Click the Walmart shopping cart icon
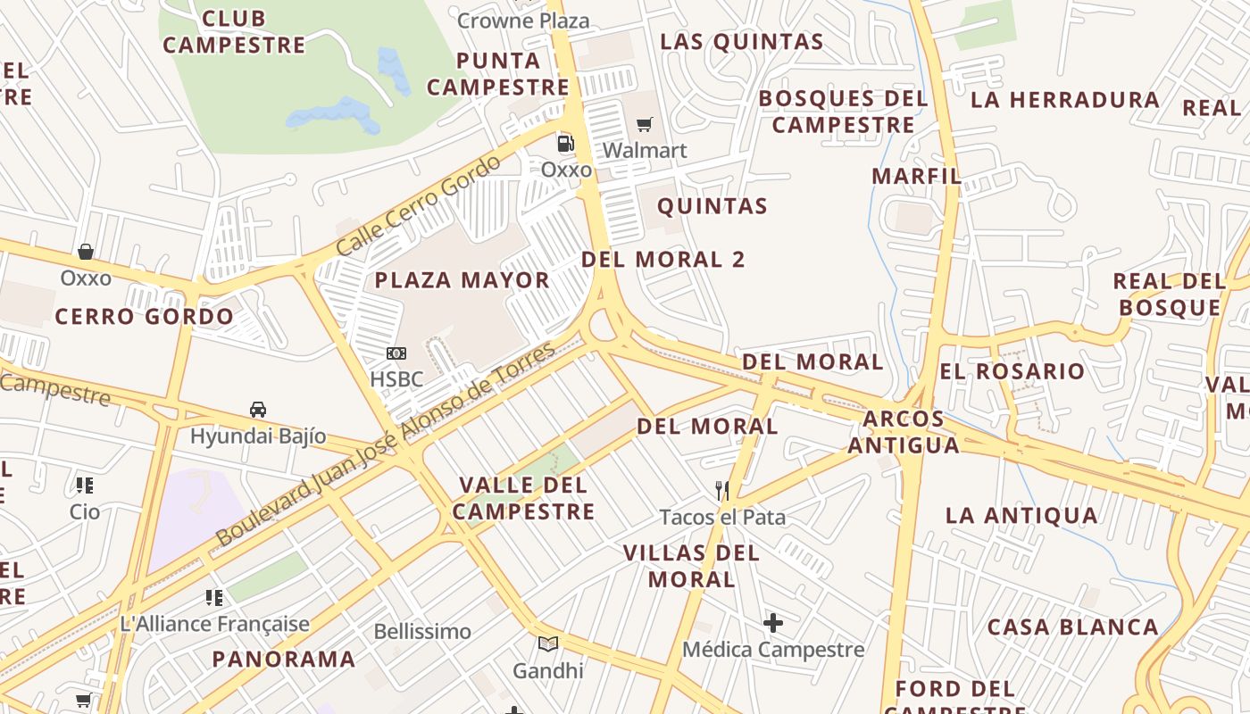click(645, 124)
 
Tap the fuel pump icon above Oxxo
click(565, 143)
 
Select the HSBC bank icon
click(396, 354)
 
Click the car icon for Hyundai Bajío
click(258, 410)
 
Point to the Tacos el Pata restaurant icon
click(722, 490)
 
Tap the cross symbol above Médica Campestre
click(773, 622)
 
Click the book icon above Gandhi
click(547, 643)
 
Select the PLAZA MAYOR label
click(462, 280)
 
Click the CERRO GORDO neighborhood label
click(145, 316)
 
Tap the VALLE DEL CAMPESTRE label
click(524, 498)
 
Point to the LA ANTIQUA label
click(1021, 515)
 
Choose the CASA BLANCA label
click(1072, 627)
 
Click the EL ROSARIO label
click(1012, 371)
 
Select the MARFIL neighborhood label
click(916, 176)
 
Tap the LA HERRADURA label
click(1064, 99)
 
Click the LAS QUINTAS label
click(741, 41)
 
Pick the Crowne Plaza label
click(523, 21)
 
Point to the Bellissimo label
click(422, 632)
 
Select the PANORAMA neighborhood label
click(284, 660)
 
